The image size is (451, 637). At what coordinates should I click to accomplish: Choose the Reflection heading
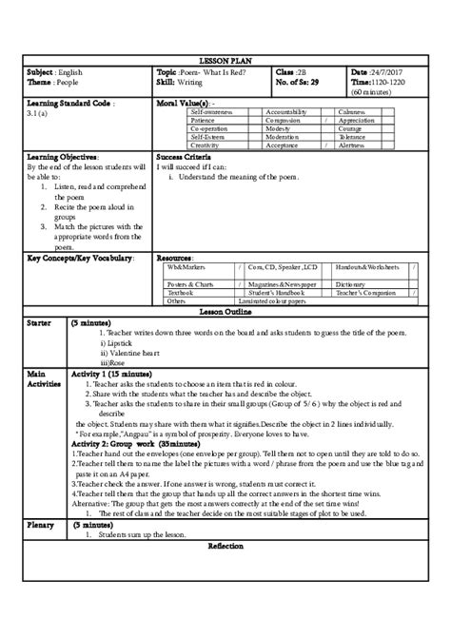(x=225, y=547)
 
